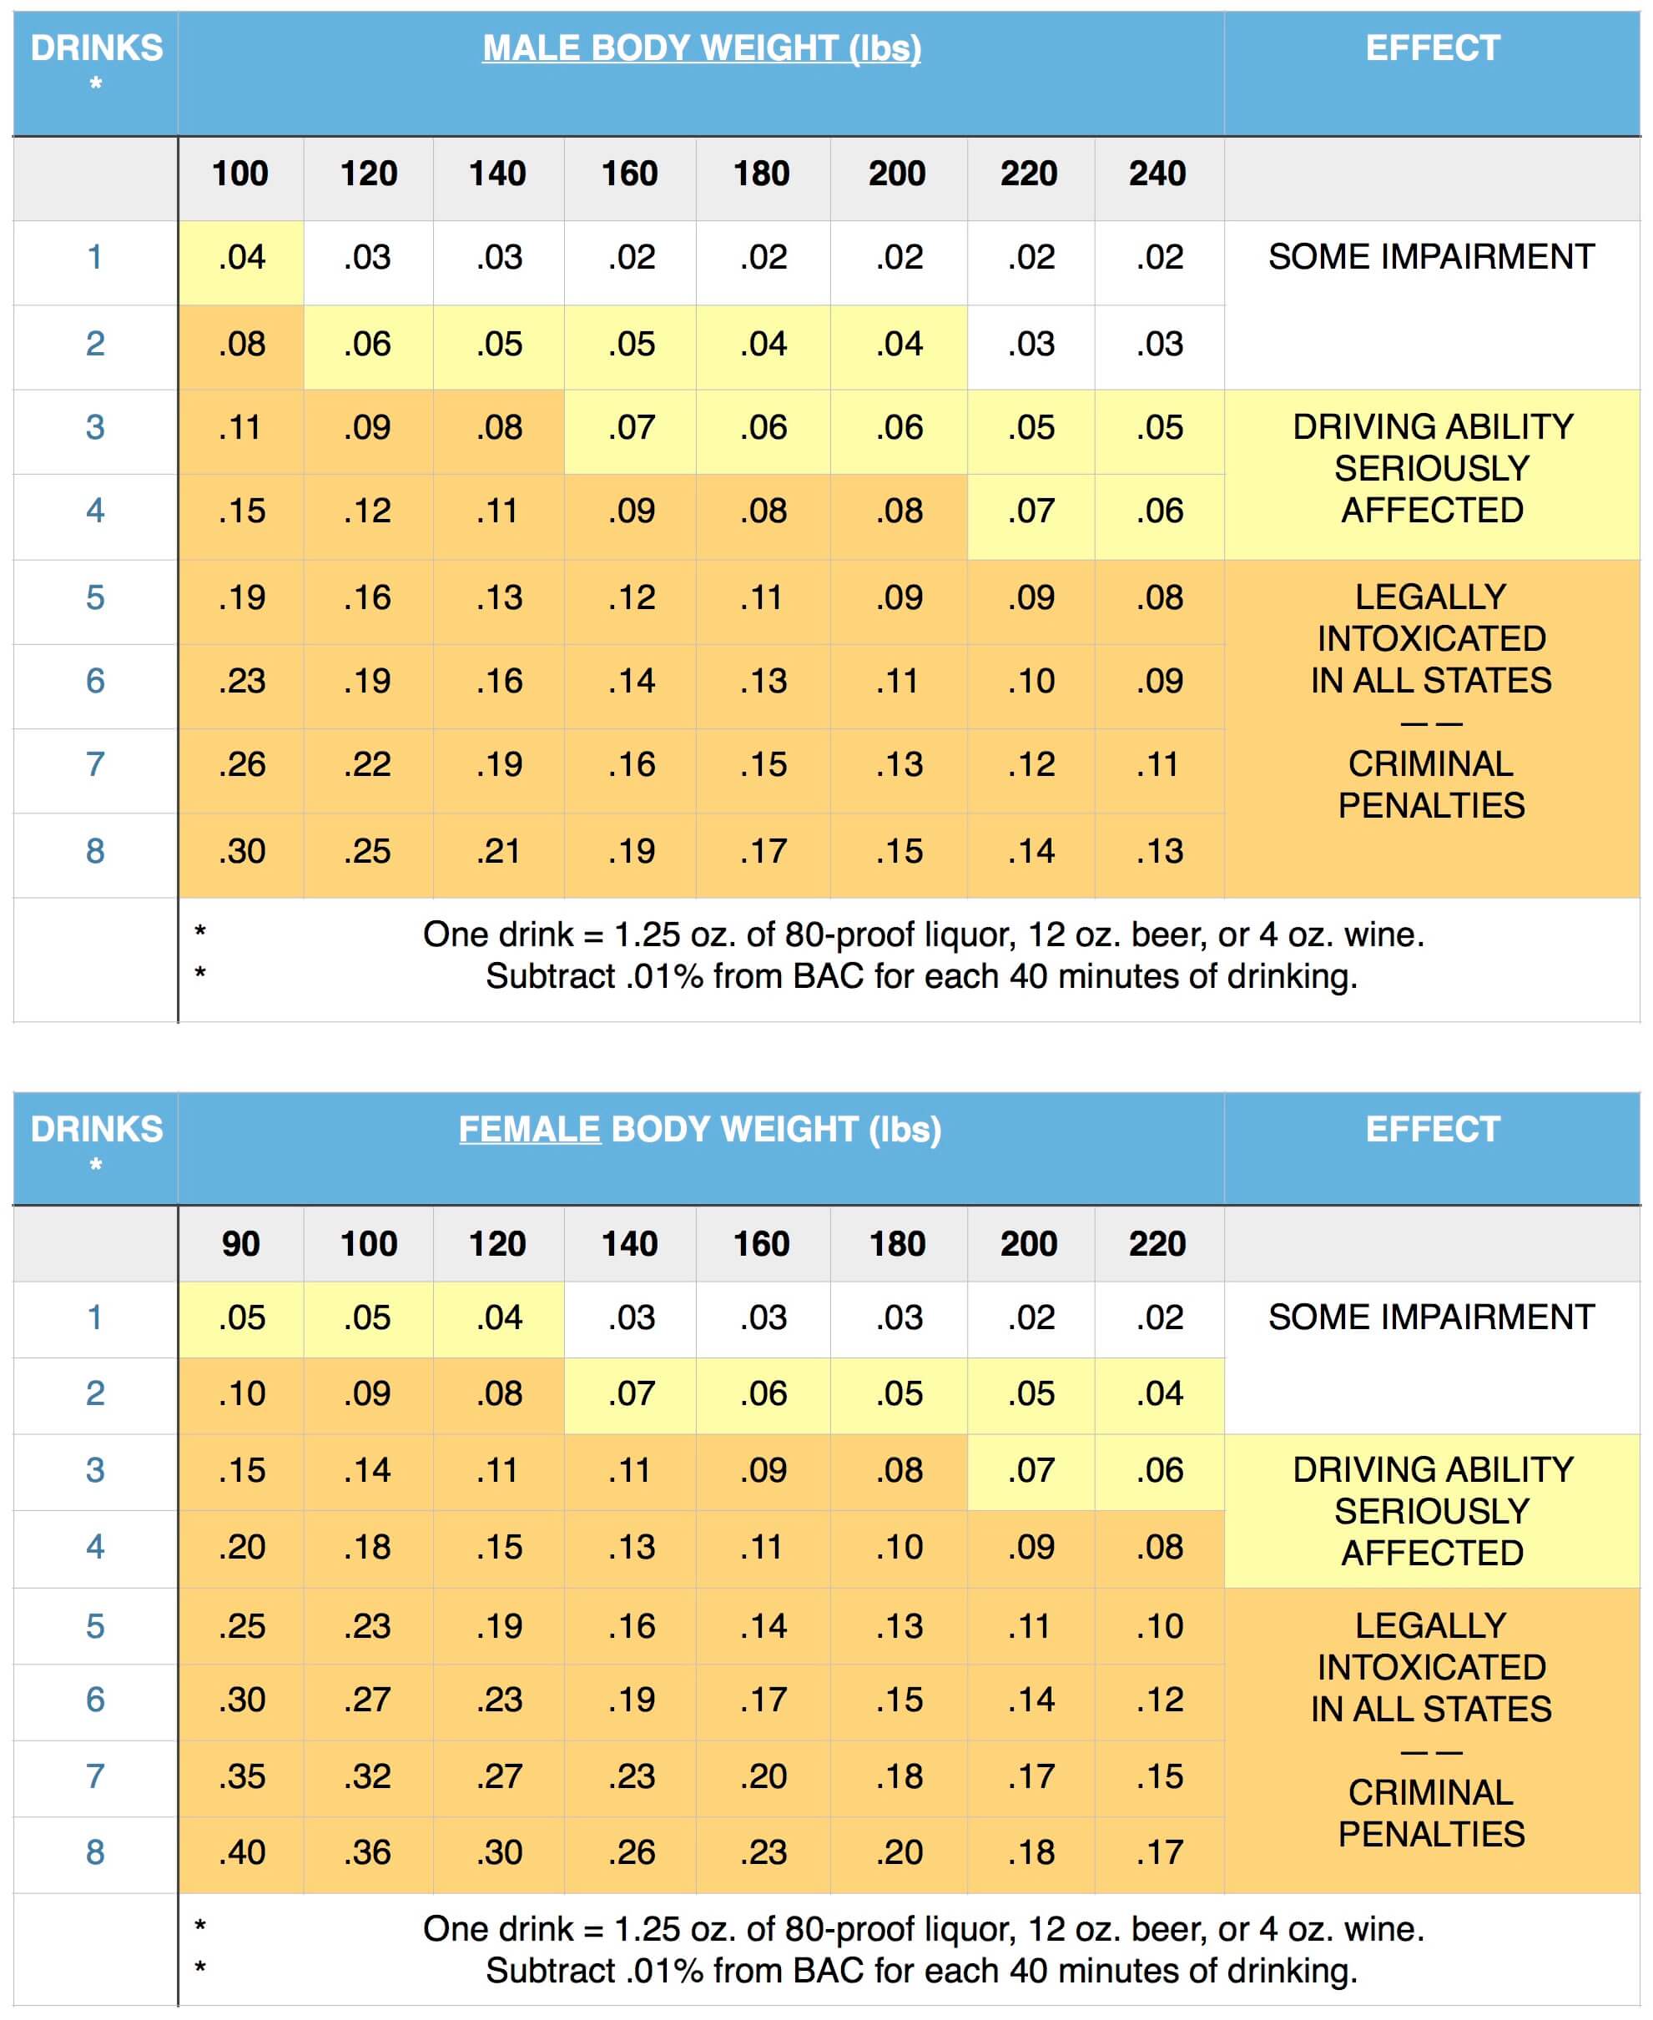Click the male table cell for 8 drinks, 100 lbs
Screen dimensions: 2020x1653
click(242, 850)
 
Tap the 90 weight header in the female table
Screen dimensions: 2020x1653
click(240, 1243)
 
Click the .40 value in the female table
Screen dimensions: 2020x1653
click(242, 1851)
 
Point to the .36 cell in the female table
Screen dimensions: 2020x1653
click(367, 1851)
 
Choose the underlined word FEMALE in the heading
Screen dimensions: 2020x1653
click(529, 1129)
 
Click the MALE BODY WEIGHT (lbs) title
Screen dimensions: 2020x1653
click(702, 48)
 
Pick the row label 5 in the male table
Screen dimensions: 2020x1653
click(95, 597)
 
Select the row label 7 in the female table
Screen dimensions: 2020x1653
click(95, 1776)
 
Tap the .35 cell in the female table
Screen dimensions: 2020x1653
click(242, 1776)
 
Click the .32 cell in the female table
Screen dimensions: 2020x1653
click(367, 1776)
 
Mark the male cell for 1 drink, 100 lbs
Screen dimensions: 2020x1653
click(242, 257)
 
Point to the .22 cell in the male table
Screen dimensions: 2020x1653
click(367, 763)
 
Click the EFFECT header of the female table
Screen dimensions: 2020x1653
click(1432, 1129)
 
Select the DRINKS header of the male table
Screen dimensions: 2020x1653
click(96, 48)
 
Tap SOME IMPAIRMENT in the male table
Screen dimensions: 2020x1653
click(1431, 257)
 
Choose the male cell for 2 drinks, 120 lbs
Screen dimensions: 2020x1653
click(367, 344)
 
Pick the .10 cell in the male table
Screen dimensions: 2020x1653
click(1031, 681)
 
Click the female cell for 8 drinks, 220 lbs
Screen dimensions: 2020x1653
click(1159, 1851)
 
